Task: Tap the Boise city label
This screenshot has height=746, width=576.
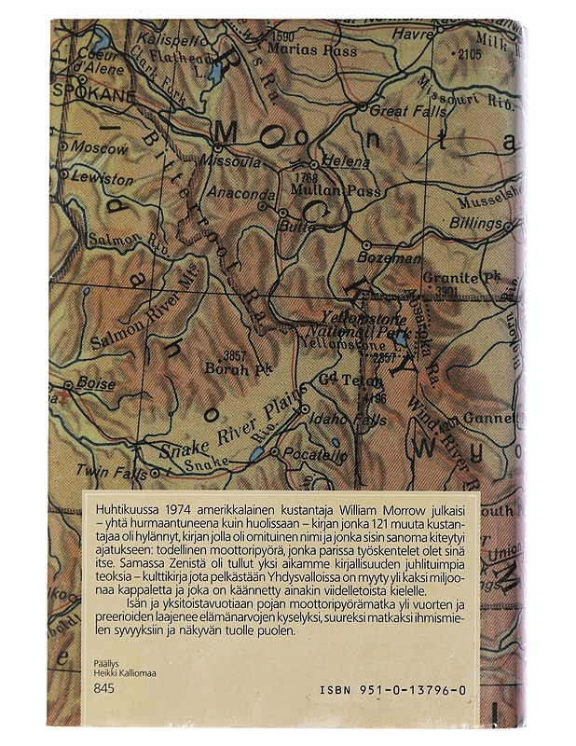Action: pos(97,383)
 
